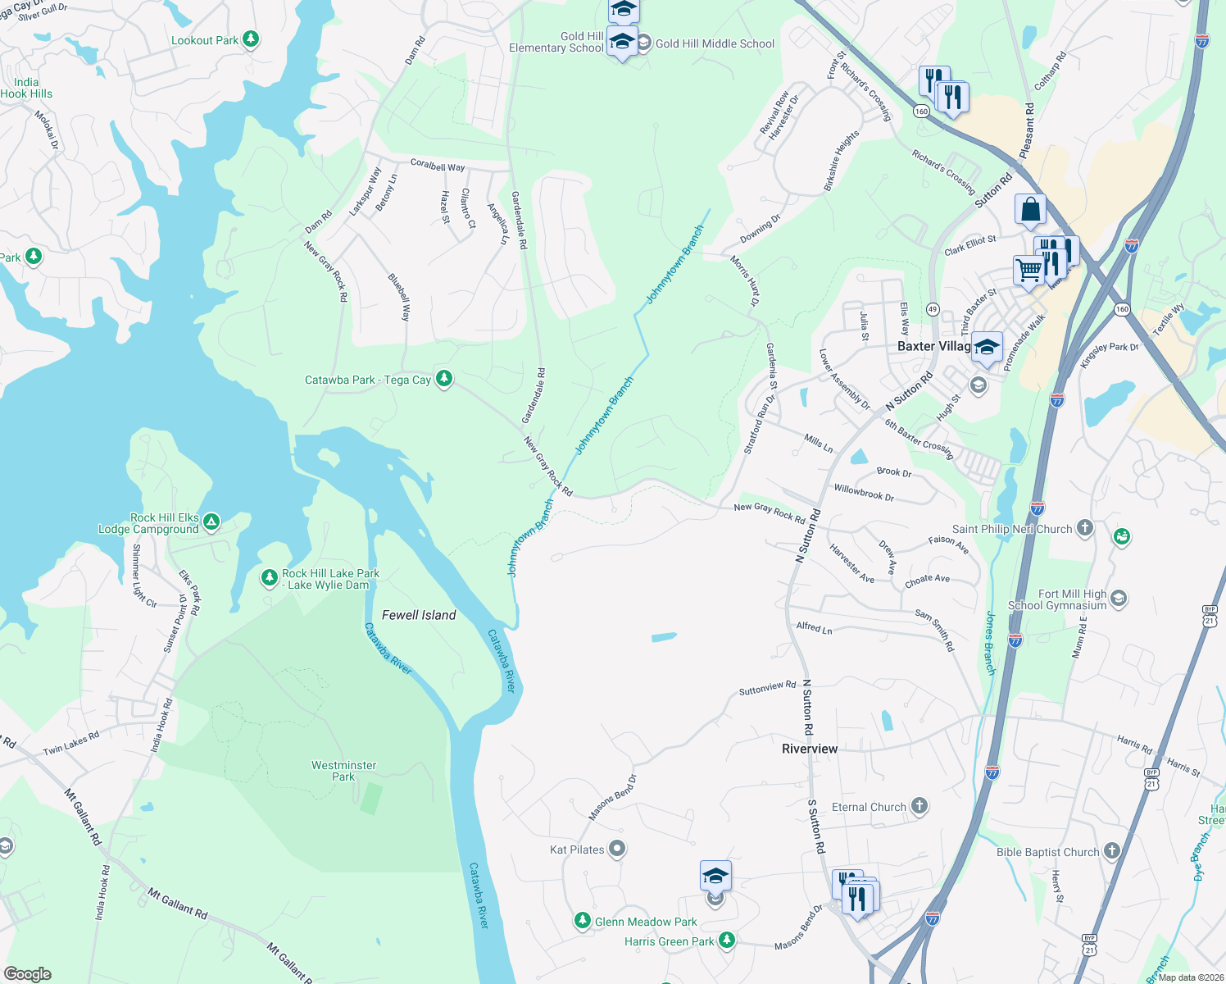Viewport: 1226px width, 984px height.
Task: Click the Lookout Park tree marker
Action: (251, 39)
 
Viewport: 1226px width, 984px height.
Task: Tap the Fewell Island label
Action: (419, 615)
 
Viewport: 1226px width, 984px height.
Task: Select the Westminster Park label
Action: (344, 771)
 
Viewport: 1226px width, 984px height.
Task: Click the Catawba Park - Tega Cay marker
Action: (443, 379)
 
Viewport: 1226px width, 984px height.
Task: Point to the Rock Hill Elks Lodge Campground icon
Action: (211, 522)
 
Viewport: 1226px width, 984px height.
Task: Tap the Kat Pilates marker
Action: (617, 849)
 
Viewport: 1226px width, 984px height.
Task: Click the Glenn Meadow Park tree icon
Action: (582, 921)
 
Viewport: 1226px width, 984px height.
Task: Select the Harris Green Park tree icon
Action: (726, 940)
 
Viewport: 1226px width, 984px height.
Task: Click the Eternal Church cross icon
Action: (919, 806)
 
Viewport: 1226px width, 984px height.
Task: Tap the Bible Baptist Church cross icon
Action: (1111, 851)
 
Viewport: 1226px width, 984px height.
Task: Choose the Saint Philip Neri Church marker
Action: (1085, 528)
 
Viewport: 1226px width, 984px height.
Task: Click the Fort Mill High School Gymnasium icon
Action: (1119, 599)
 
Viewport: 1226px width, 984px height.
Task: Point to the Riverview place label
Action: (810, 749)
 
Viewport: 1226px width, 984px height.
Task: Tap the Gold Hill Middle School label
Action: (715, 43)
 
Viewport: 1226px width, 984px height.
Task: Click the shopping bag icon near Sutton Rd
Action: (1030, 209)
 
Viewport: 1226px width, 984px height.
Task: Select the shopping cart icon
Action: (1028, 269)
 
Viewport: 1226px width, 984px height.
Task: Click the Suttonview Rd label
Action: (767, 688)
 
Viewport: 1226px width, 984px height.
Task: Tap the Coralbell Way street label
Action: (438, 165)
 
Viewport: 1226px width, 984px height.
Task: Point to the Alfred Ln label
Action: (814, 627)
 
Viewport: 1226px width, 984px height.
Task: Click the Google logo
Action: (28, 974)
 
